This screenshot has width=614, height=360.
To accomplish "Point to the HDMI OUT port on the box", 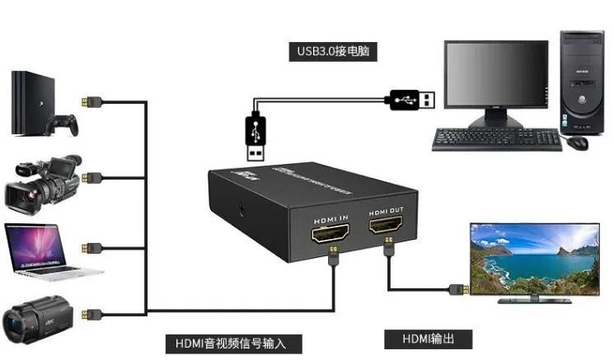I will (x=387, y=223).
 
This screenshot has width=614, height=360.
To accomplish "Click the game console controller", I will (x=63, y=124).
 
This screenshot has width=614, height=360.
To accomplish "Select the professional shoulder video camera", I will (x=43, y=183).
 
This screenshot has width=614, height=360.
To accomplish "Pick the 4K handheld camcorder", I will (x=38, y=315).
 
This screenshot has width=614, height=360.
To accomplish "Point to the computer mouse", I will (x=578, y=142).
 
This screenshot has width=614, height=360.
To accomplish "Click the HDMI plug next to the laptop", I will (x=92, y=247).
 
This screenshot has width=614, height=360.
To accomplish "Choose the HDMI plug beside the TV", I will (x=459, y=289).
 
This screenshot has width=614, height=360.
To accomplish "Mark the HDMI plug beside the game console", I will (x=92, y=101).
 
